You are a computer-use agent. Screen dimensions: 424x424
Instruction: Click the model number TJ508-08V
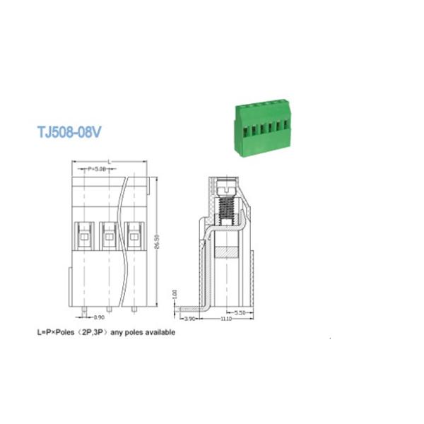click(x=70, y=132)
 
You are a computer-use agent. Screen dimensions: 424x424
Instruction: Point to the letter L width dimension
click(x=109, y=163)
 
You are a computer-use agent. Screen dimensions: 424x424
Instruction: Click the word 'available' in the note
click(x=159, y=331)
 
